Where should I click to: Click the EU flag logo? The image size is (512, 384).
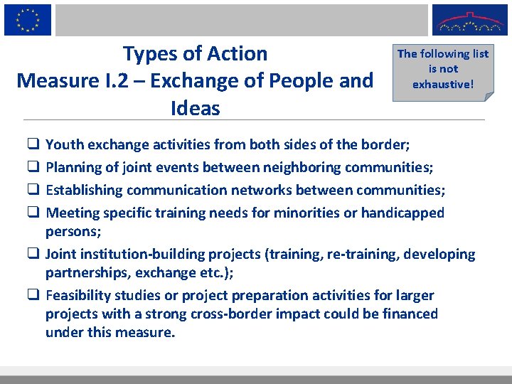coord(28,19)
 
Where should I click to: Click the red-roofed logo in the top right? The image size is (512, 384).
coord(469,20)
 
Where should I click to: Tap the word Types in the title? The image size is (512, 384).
coord(150,54)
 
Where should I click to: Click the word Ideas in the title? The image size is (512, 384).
coord(196,108)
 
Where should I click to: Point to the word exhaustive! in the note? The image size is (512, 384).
coord(442,84)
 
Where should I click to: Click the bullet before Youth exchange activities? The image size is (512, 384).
coord(33,144)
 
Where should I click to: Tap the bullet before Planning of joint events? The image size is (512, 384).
coord(33,167)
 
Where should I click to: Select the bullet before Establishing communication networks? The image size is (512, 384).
coord(33,190)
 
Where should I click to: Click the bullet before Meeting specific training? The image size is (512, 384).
coord(33,213)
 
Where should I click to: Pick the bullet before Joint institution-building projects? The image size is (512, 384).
coord(33,254)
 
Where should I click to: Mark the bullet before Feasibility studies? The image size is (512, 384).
coord(33,295)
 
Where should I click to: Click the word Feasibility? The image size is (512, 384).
coord(80,295)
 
